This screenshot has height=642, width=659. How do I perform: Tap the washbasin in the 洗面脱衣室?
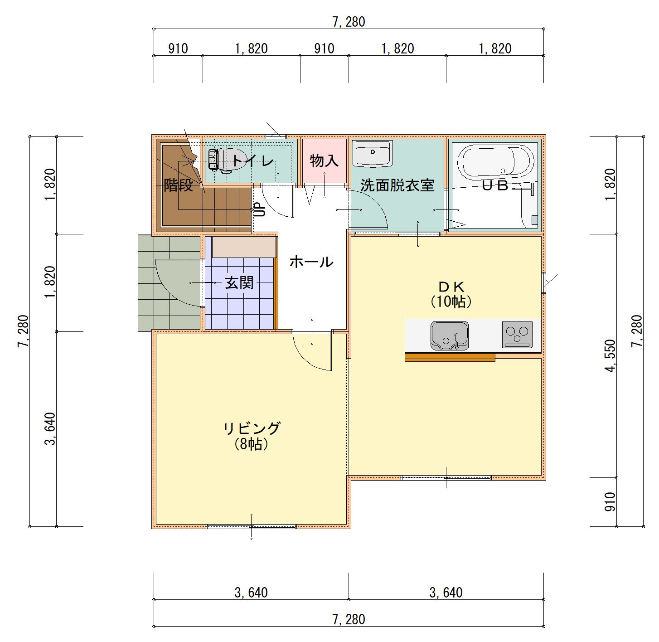pos(372,153)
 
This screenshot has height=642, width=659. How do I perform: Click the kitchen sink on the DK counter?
pos(449,336)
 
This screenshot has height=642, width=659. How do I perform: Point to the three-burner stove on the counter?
pos(517,334)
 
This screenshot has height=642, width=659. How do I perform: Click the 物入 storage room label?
pos(324,160)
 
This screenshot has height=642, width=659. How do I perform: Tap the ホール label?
pos(311,262)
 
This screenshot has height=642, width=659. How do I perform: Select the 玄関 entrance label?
pos(239,282)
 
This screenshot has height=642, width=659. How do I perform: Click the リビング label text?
pos(252,428)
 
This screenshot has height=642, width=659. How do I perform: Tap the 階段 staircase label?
pos(179,185)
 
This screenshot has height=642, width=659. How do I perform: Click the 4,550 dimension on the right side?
pos(611,356)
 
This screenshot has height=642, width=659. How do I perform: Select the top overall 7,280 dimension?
pos(349,22)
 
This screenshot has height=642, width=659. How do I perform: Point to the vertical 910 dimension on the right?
pos(610,502)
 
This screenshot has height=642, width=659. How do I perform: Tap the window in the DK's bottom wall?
pos(446,478)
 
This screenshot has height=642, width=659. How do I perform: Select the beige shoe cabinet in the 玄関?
pos(244,247)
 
